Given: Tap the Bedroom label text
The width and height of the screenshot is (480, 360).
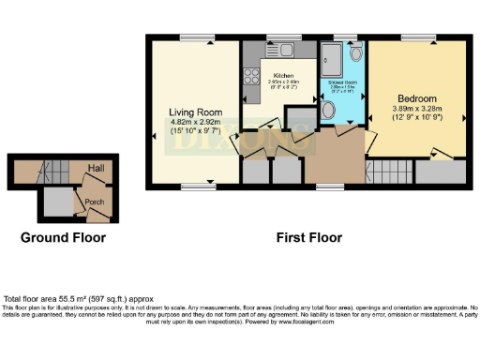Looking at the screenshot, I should [x=416, y=98].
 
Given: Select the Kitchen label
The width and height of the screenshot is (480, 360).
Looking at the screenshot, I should [x=284, y=75].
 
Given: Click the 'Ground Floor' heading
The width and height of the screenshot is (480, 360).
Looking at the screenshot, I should [x=63, y=237].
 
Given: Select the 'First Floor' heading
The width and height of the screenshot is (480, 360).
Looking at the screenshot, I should [x=308, y=237].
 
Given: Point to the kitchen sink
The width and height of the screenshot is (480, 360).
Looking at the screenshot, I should [x=281, y=49].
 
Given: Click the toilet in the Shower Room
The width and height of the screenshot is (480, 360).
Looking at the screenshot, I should [x=327, y=112].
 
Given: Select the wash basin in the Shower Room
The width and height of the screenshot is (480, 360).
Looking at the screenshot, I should [x=352, y=53].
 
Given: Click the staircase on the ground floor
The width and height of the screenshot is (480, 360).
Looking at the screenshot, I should [x=42, y=173].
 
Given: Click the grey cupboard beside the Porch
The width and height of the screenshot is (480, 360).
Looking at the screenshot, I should [x=59, y=201].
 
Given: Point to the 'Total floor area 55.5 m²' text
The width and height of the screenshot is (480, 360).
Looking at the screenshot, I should [x=70, y=298].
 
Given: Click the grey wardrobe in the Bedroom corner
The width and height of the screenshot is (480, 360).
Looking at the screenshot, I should [x=438, y=172].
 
